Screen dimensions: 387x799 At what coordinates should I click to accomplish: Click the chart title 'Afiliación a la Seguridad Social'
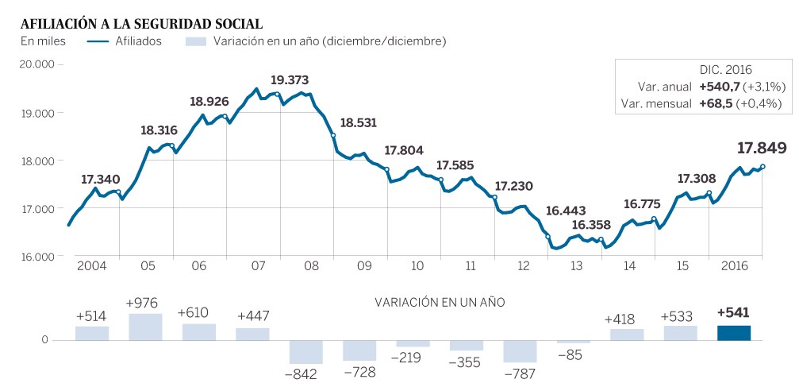coord(142,24)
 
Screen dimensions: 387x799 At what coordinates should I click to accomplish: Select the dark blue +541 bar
coord(733,333)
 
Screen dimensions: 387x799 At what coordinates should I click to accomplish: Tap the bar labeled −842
coord(305,352)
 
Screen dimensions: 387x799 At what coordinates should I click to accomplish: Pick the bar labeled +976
coord(145,327)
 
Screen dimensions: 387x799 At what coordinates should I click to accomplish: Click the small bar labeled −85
coord(573,342)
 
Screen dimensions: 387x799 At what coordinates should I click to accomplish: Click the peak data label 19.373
coord(290,79)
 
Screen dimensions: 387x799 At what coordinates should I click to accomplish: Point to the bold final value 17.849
coord(761,148)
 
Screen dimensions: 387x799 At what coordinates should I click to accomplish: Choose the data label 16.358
coord(591,225)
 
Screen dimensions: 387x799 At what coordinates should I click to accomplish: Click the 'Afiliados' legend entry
coord(138,41)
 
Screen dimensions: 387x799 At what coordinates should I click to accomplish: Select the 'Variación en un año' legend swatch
coord(195,41)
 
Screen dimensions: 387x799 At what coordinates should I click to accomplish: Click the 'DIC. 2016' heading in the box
coord(725,70)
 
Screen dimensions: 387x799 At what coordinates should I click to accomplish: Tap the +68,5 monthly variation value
coord(716,103)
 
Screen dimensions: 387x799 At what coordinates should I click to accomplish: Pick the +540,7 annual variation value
coord(718,87)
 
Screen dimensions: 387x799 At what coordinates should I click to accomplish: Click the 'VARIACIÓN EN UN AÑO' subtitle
coord(439,302)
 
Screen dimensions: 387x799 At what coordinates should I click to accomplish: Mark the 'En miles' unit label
coord(43,41)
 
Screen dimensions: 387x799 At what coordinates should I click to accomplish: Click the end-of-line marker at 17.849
coord(763,167)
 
